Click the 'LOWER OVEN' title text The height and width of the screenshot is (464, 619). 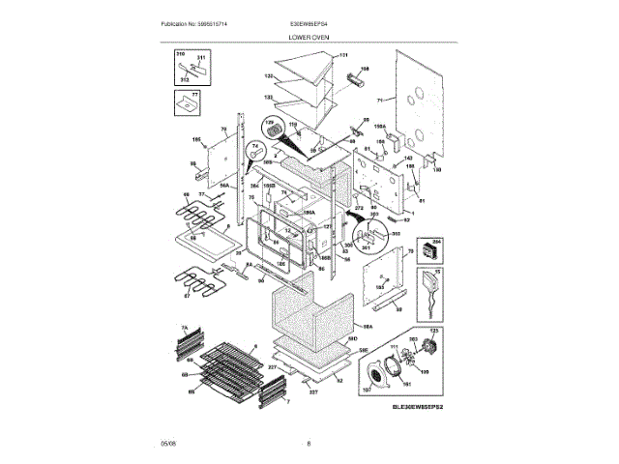click(x=309, y=36)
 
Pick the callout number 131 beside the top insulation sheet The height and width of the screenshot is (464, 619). click(x=342, y=57)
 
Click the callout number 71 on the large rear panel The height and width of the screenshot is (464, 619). click(x=380, y=100)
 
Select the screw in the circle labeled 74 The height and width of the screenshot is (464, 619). click(x=257, y=150)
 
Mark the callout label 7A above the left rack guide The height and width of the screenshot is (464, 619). click(x=183, y=329)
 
